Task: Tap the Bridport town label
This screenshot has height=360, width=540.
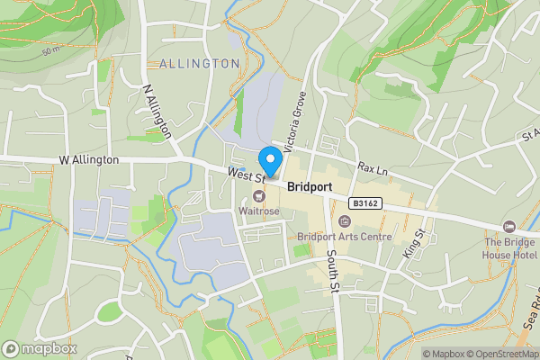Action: (x=310, y=187)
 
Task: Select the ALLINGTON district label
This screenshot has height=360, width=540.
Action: (x=199, y=64)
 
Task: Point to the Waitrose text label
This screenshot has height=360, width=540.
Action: (x=259, y=211)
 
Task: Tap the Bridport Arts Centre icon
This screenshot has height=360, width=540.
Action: (x=344, y=221)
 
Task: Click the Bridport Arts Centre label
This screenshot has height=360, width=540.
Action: (x=345, y=238)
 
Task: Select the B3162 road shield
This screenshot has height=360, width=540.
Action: (x=364, y=204)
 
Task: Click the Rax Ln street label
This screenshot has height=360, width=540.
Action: (x=371, y=168)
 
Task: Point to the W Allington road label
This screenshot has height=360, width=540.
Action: (x=88, y=159)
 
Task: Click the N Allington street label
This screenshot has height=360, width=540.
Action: (x=157, y=111)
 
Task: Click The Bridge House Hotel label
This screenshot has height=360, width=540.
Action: (x=509, y=249)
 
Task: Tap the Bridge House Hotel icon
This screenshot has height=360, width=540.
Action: (x=508, y=226)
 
